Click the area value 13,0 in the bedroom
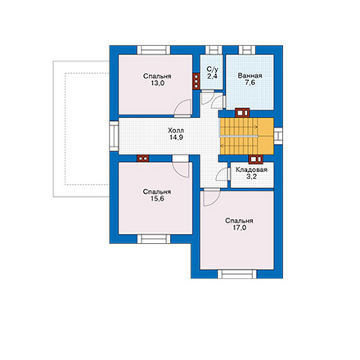(157, 83)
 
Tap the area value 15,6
(157, 199)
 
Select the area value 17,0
(239, 227)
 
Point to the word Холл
(176, 130)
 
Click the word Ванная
(250, 75)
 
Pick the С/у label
(213, 69)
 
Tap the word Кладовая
(251, 169)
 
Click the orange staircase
(247, 136)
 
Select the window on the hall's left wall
(114, 136)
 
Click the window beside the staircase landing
(278, 136)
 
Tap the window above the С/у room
(214, 50)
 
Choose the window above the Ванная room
(247, 50)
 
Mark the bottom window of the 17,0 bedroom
(237, 274)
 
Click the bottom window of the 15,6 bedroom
(154, 239)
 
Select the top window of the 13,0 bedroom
(154, 50)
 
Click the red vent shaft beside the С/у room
(196, 81)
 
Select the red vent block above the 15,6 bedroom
(143, 159)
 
